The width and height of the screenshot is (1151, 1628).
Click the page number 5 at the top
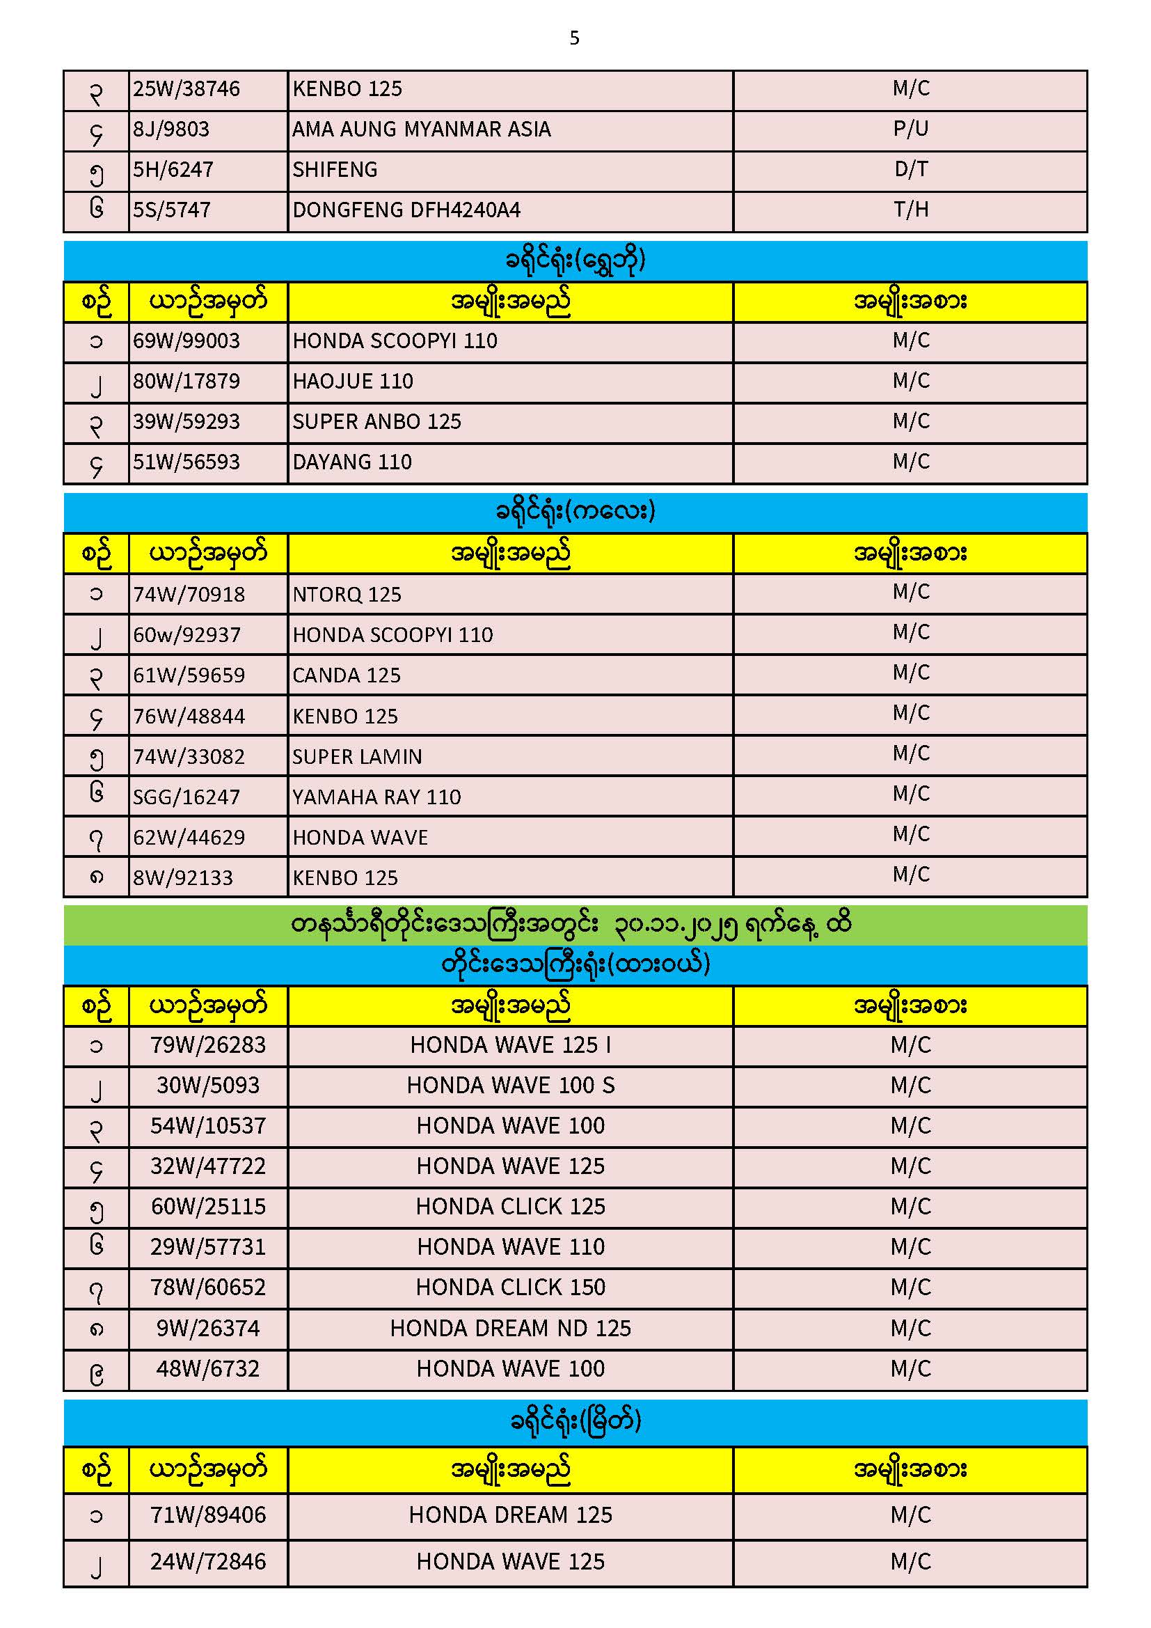point(574,38)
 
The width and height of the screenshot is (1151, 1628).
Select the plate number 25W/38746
point(186,89)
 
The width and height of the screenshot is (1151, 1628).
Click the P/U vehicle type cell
point(910,129)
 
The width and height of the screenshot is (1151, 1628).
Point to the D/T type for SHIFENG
point(910,169)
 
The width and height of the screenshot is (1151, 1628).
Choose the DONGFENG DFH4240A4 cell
point(406,210)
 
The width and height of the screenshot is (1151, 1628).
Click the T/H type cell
point(910,210)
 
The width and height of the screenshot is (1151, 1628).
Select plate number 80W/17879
point(186,382)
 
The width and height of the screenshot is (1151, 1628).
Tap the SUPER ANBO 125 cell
point(376,422)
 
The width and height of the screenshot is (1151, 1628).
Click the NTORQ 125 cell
point(347,594)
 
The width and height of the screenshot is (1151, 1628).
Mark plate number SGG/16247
point(186,797)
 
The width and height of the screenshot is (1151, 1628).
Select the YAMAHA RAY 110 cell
point(376,797)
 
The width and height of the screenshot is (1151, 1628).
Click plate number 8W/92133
point(183,878)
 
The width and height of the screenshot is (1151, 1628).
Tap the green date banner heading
point(574,925)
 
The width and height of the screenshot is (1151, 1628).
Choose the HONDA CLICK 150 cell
point(510,1287)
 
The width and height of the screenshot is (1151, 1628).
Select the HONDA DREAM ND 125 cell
point(510,1328)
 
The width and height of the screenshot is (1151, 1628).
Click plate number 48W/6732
point(207,1368)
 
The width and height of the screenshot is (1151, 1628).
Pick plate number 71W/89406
point(207,1514)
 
